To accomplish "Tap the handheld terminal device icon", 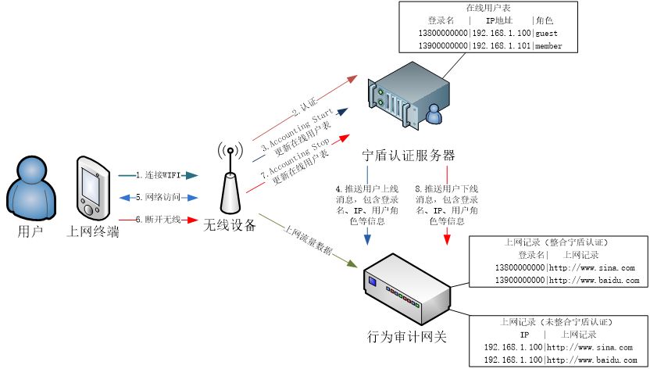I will point(92,187).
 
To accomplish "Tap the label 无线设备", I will point(230,226).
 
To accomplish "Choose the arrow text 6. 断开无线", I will point(156,220).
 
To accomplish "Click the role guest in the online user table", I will point(548,34).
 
